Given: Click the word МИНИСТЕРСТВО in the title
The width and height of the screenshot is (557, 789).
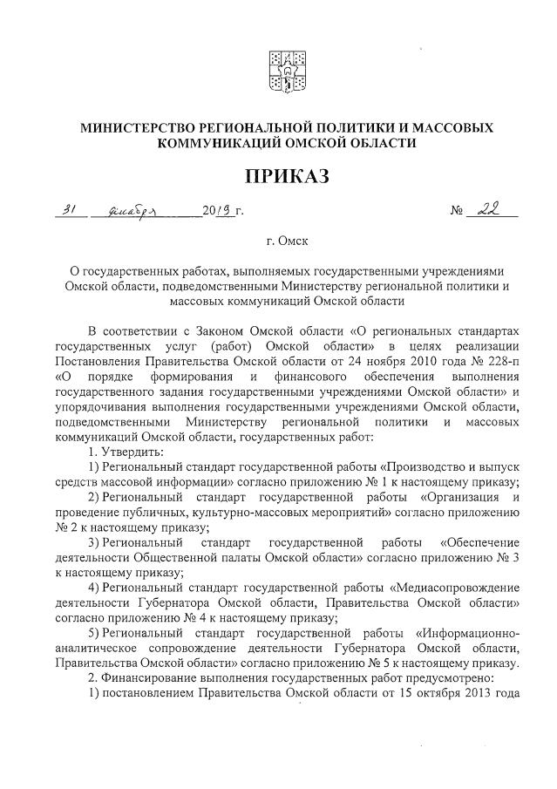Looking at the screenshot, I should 140,128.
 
